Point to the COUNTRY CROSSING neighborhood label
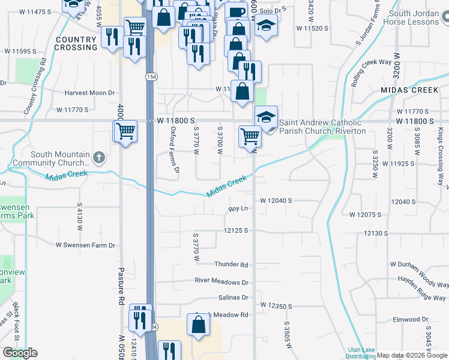tap(75, 43)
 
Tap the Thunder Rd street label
tap(231, 265)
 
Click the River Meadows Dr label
tap(221, 281)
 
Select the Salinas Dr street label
tap(234, 298)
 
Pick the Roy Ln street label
tap(238, 209)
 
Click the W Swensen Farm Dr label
tap(85, 245)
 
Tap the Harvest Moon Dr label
tap(90, 93)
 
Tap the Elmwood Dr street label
tap(410, 320)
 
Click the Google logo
tap(20, 352)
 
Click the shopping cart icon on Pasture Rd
tap(125, 131)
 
